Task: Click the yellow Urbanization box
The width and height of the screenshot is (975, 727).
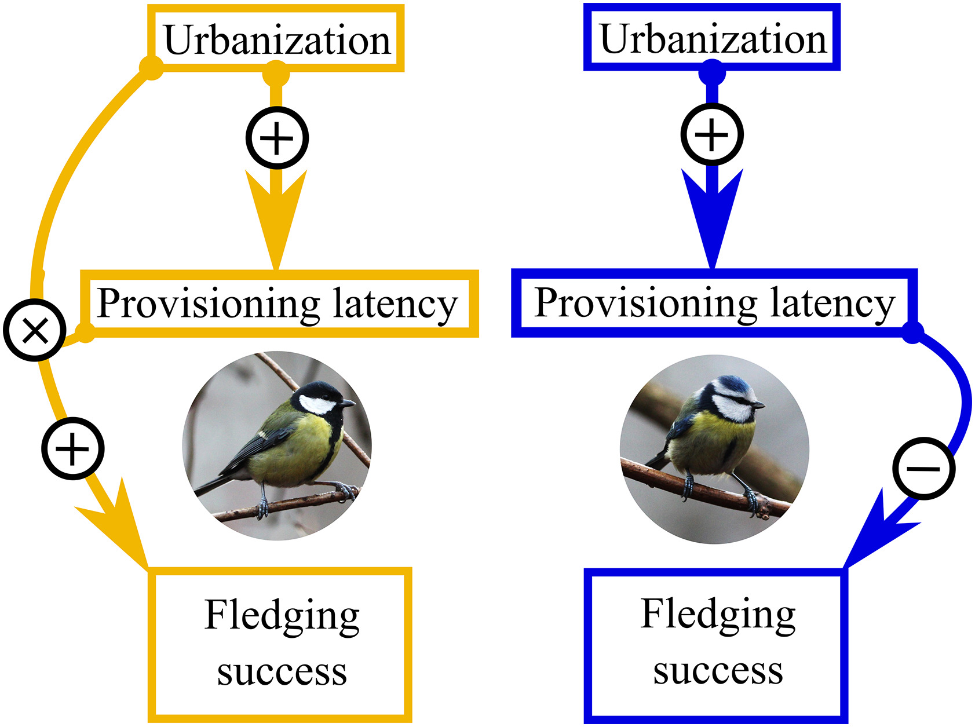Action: [276, 39]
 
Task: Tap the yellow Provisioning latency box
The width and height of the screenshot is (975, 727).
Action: [279, 304]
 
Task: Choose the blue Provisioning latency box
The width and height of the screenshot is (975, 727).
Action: [714, 303]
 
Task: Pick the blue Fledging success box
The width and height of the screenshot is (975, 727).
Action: [717, 644]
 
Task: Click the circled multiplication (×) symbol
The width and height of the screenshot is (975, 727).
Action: [35, 331]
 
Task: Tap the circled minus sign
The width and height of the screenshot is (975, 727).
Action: [923, 468]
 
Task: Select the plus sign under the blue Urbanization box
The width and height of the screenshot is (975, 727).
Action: [712, 134]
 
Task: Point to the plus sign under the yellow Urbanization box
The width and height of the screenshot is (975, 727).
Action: [277, 138]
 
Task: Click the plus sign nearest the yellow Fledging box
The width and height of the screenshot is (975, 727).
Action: [73, 448]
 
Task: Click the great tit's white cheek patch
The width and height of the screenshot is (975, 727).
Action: [316, 404]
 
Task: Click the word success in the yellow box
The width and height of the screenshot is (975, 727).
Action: [282, 672]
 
